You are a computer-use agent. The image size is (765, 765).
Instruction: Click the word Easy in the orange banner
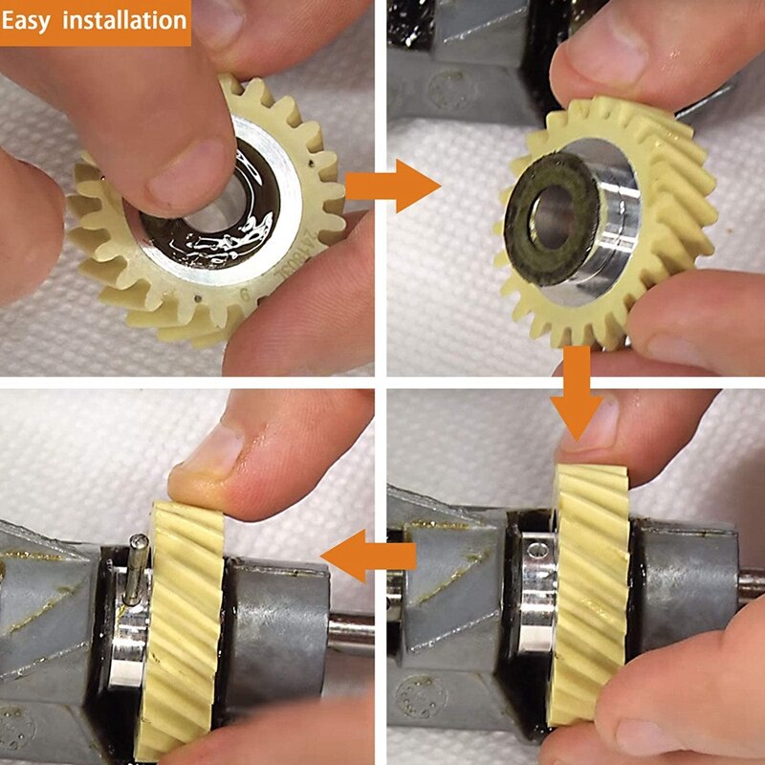click(30, 20)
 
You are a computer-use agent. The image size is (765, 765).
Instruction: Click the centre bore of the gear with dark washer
click(557, 219)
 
